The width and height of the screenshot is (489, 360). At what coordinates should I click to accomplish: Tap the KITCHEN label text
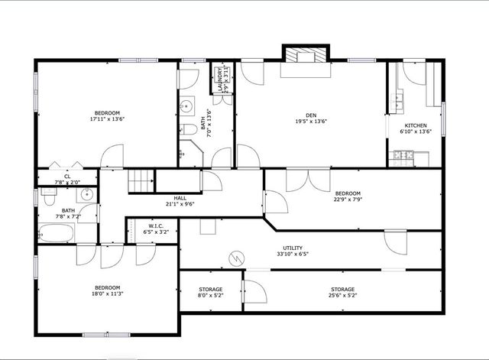pyautogui.click(x=416, y=125)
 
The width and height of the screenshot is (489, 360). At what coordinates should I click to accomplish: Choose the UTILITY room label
pyautogui.click(x=293, y=248)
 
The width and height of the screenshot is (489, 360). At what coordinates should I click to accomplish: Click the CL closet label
pyautogui.click(x=67, y=177)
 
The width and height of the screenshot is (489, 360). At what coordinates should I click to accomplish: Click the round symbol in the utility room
pyautogui.click(x=237, y=258)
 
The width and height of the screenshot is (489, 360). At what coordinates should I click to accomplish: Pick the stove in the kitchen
pyautogui.click(x=403, y=156)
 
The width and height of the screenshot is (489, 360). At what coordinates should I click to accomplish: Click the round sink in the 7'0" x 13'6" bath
pyautogui.click(x=186, y=106)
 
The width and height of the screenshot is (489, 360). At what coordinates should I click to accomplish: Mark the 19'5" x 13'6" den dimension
pyautogui.click(x=312, y=120)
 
